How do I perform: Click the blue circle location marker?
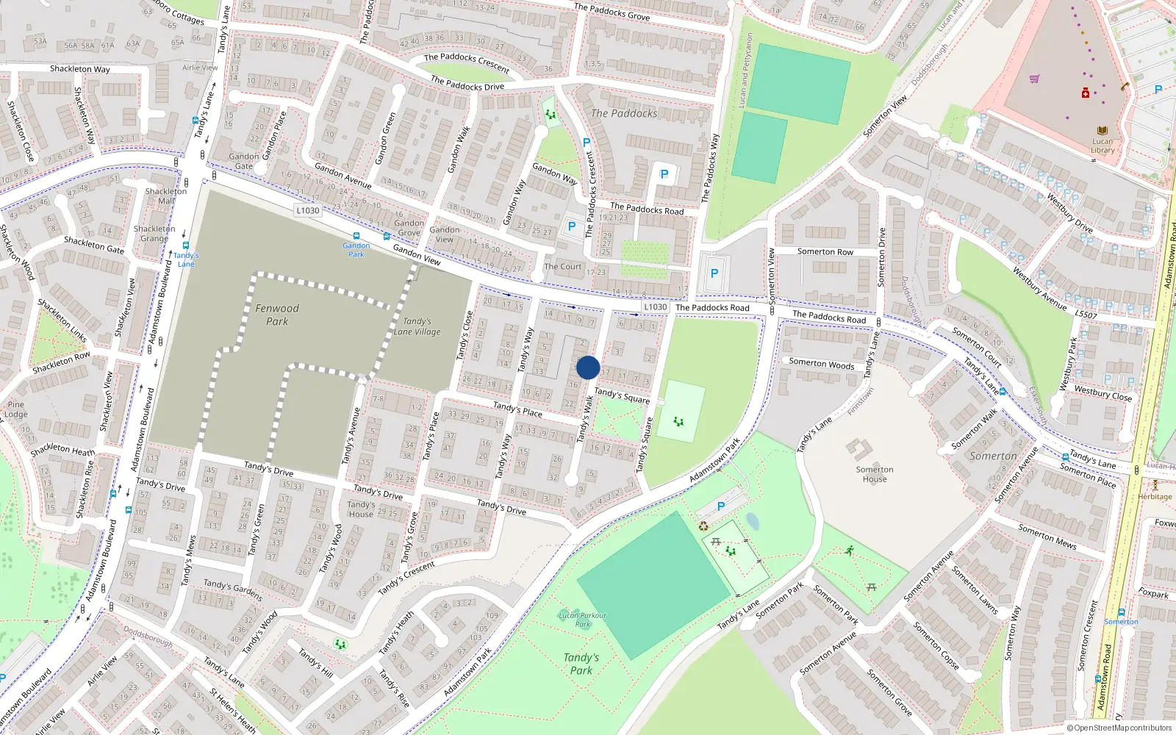click(588, 367)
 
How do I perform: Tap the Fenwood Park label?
click(277, 315)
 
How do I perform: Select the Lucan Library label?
click(1102, 146)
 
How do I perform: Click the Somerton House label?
click(875, 474)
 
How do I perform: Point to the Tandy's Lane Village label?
click(417, 326)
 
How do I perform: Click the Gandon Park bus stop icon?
click(356, 237)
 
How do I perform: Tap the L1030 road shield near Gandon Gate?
click(307, 210)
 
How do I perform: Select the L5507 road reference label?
click(1086, 315)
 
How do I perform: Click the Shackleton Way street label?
click(79, 69)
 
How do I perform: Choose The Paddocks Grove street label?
click(612, 11)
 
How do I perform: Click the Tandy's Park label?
click(581, 664)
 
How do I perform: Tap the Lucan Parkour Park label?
click(582, 620)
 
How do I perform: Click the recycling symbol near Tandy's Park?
click(703, 526)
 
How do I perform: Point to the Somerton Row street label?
click(825, 251)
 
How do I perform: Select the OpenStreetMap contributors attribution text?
click(1119, 728)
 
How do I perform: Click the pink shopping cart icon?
click(1035, 79)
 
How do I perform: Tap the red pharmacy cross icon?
click(1085, 93)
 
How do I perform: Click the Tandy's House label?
click(361, 509)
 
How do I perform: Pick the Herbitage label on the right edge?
click(1155, 496)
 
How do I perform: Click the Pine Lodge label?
click(15, 409)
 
